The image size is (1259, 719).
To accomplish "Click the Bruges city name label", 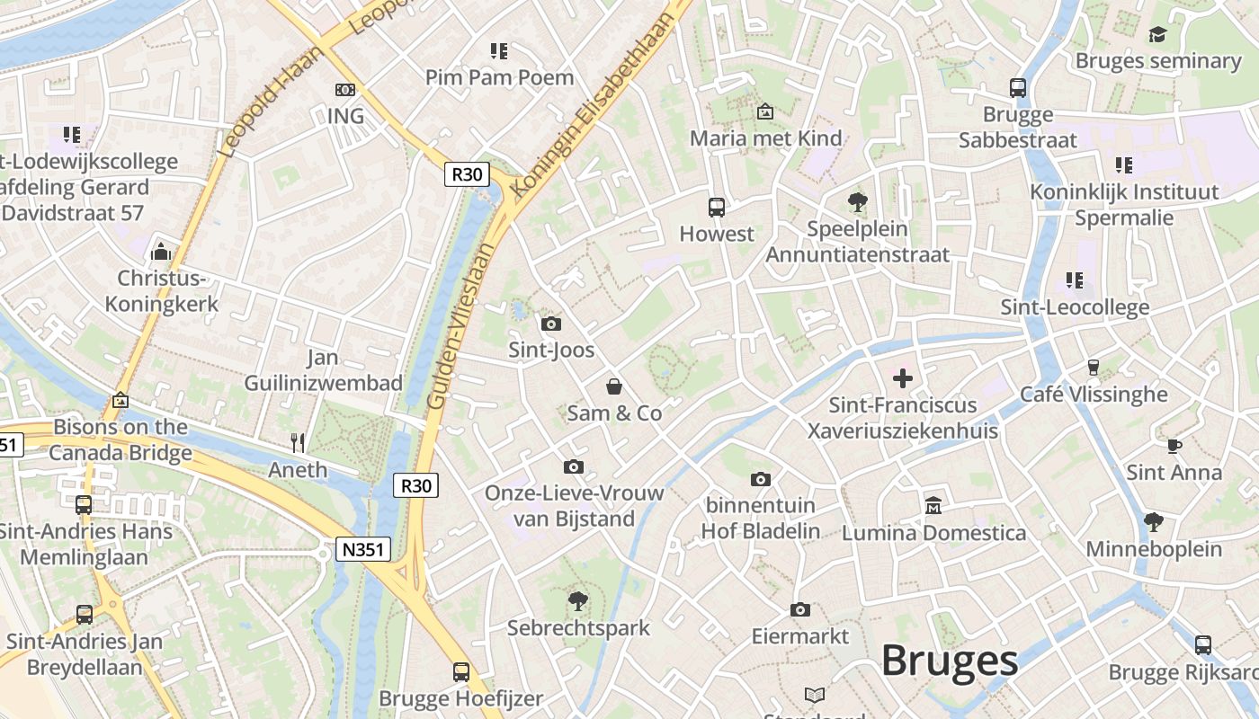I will pyautogui.click(x=949, y=661).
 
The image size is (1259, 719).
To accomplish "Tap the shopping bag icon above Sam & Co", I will pyautogui.click(x=614, y=386).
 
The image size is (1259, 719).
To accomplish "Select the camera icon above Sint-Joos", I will pyautogui.click(x=551, y=324).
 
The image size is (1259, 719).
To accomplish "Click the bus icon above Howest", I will pyautogui.click(x=717, y=208).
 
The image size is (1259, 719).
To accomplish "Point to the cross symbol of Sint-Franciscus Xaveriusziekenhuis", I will pyautogui.click(x=903, y=378).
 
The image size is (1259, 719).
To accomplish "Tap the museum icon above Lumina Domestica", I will pyautogui.click(x=933, y=505).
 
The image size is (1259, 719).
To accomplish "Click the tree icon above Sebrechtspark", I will pyautogui.click(x=578, y=600).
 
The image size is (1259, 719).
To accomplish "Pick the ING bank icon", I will pyautogui.click(x=345, y=90).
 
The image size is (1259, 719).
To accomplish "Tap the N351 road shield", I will pyautogui.click(x=363, y=549).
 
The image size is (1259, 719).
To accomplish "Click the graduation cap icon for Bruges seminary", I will pyautogui.click(x=1157, y=34).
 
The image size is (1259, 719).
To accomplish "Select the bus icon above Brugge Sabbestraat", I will pyautogui.click(x=1018, y=88).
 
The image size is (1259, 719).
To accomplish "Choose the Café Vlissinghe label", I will pyautogui.click(x=1094, y=394).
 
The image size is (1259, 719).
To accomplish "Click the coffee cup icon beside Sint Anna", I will pyautogui.click(x=1174, y=445).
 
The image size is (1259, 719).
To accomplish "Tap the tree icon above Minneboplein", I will pyautogui.click(x=1154, y=521).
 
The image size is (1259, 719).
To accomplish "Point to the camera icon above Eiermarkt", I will pyautogui.click(x=799, y=610).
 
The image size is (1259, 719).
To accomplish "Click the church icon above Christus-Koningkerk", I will pyautogui.click(x=162, y=251).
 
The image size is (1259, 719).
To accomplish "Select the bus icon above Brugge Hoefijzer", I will pyautogui.click(x=461, y=671).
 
